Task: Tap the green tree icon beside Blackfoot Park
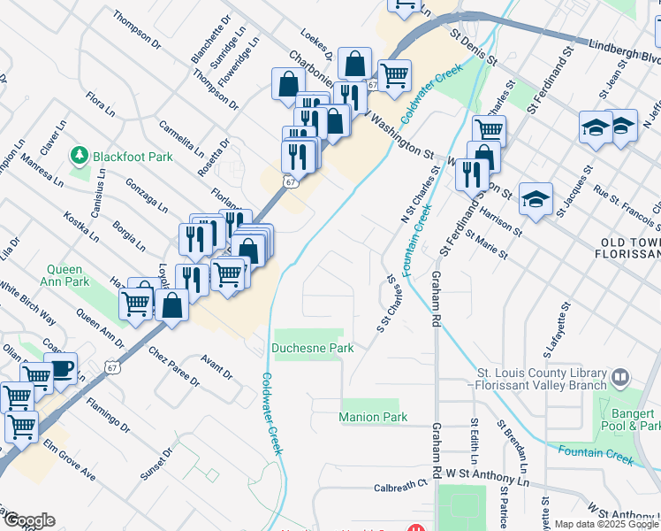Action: tap(80, 155)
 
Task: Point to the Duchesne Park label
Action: tap(313, 349)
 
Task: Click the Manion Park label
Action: tap(373, 417)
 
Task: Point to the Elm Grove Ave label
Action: tap(69, 460)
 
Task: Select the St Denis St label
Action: tap(475, 48)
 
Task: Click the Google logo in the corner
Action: tap(29, 519)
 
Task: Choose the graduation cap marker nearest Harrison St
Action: tap(536, 200)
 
